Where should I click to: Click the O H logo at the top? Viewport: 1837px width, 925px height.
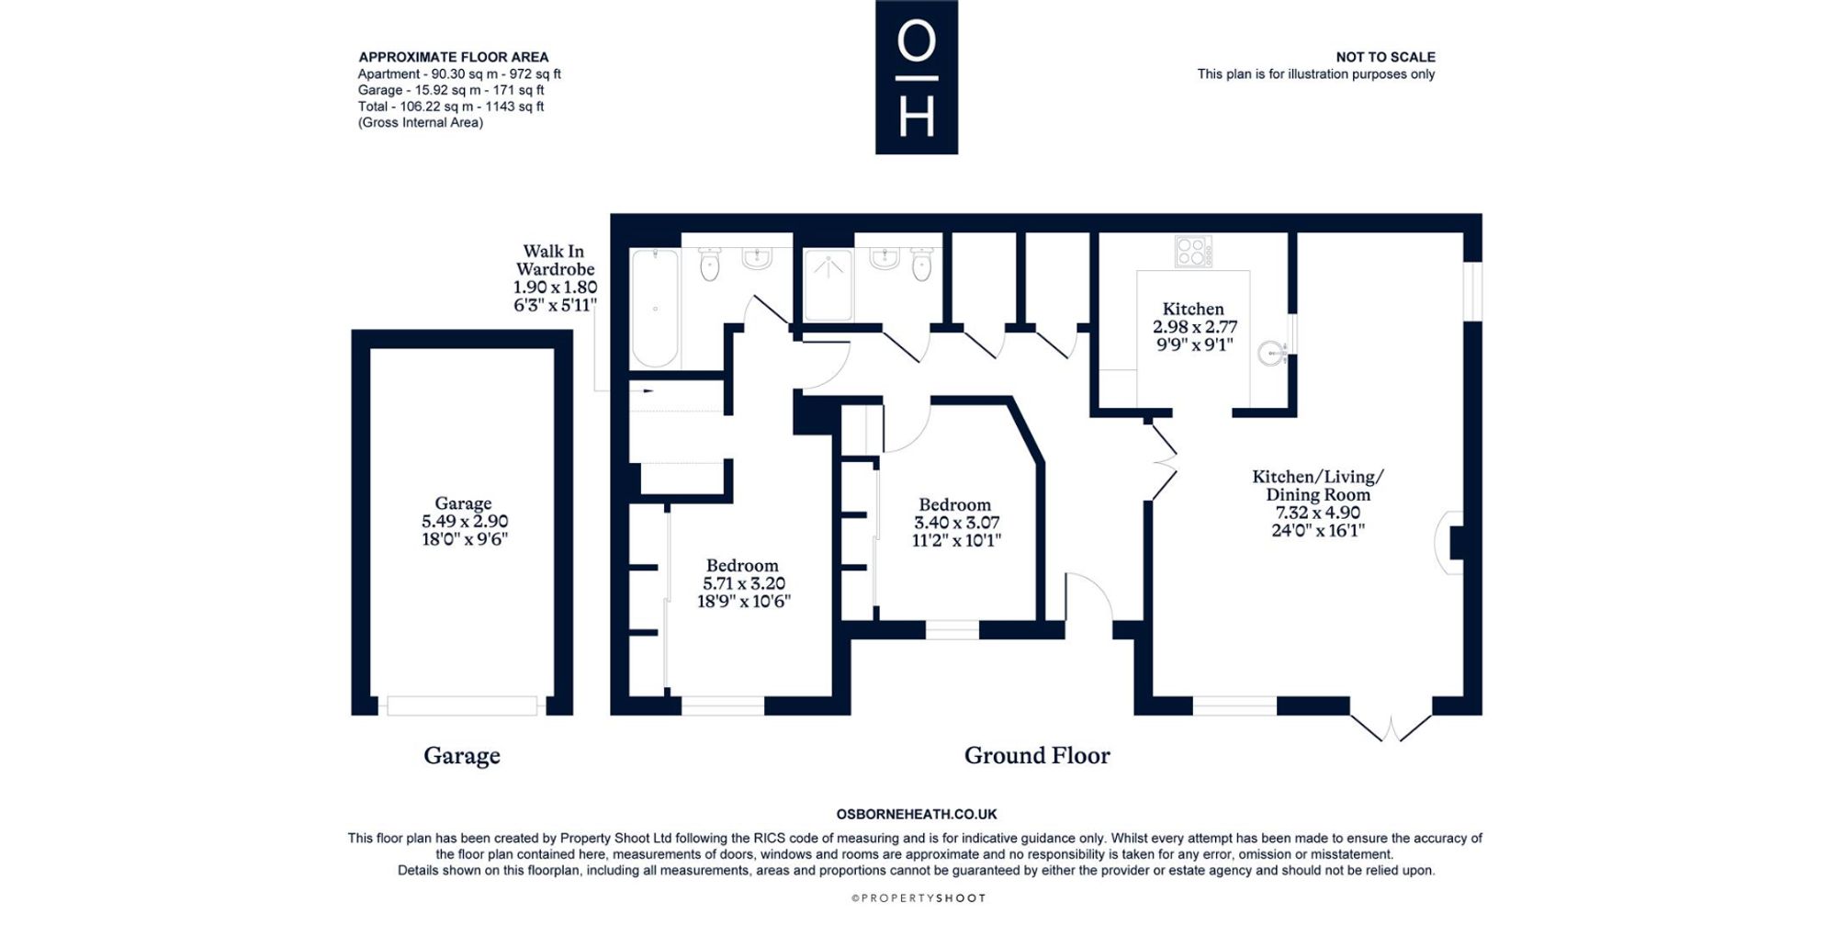pos(916,77)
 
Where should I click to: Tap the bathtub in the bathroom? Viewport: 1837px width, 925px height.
pos(655,309)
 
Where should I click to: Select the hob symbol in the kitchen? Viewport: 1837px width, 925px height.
pos(1193,252)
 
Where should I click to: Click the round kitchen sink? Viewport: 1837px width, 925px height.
pos(1271,353)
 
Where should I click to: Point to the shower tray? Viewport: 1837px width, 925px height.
pos(828,286)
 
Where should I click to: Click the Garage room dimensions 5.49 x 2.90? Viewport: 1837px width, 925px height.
pos(464,521)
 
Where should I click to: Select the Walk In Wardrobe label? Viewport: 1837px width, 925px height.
pos(555,260)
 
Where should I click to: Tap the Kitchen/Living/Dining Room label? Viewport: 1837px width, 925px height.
pos(1318,485)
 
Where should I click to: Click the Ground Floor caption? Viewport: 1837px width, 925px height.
pos(1037,755)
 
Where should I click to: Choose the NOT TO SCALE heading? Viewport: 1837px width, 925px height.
pos(1385,57)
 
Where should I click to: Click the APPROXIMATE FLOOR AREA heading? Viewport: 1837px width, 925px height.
pos(454,57)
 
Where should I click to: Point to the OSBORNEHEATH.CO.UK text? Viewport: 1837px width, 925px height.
pos(917,814)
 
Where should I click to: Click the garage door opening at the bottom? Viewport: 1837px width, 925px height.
pos(462,705)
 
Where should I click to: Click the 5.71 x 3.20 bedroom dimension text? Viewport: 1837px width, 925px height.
pos(744,583)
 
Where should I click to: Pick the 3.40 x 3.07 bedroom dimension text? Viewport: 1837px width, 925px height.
pos(956,523)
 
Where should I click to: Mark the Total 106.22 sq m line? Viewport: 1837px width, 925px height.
pos(451,107)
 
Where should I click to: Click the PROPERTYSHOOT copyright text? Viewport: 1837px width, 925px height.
pos(918,898)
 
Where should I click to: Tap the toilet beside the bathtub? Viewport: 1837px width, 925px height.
pos(710,264)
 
